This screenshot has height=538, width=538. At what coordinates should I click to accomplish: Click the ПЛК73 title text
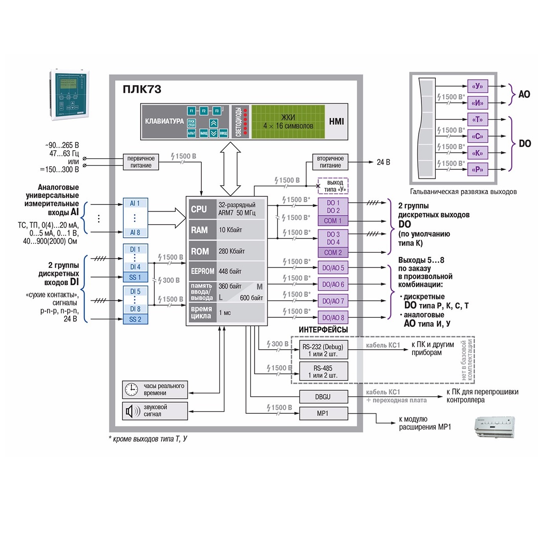[x=142, y=89]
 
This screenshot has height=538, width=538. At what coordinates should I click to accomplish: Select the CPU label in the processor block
[x=199, y=209]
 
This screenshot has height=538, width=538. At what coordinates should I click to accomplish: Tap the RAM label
[x=200, y=230]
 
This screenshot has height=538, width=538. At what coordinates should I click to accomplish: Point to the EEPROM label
[x=203, y=271]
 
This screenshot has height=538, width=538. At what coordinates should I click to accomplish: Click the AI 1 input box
[x=135, y=204]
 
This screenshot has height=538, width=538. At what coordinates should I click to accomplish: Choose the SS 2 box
[x=135, y=319]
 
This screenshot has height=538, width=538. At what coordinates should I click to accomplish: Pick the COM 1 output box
[x=333, y=221]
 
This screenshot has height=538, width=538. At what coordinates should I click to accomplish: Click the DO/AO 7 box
[x=333, y=301]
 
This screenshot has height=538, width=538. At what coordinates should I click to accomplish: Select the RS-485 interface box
[x=323, y=372]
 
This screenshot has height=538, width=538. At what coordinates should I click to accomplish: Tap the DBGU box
[x=323, y=397]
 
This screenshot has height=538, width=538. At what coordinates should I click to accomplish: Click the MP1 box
[x=323, y=413]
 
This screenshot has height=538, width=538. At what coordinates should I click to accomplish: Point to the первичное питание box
[x=141, y=162]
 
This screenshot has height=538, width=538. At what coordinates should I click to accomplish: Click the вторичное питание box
[x=330, y=162]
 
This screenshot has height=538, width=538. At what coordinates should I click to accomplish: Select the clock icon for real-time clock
[x=131, y=389]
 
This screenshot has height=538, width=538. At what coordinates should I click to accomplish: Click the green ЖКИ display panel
[x=288, y=121]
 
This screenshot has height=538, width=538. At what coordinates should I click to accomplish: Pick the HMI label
[x=336, y=121]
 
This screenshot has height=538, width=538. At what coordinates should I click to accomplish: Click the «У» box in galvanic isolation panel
[x=477, y=86]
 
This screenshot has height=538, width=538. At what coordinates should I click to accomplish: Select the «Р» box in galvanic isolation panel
[x=477, y=169]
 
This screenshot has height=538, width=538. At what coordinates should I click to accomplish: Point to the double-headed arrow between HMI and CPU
[x=230, y=168]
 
